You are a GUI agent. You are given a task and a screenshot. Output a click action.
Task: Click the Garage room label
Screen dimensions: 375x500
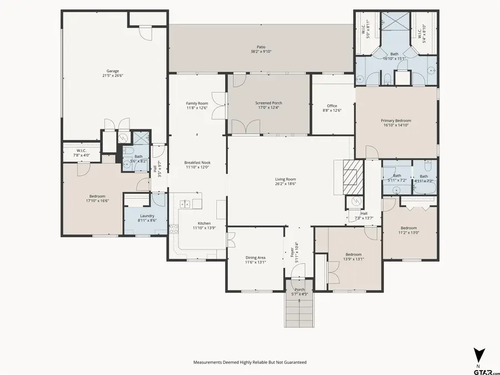click(x=113, y=71)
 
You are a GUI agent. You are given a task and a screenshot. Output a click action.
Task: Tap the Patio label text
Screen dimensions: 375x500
click(x=261, y=47)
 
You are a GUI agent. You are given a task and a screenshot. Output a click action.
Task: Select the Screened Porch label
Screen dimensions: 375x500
click(x=268, y=103)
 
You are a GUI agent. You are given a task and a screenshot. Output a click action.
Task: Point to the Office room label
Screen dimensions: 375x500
click(x=332, y=106)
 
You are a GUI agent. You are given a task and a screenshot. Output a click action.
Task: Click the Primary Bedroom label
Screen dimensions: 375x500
click(x=396, y=121)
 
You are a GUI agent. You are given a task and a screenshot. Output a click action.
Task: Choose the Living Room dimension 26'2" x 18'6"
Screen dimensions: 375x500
click(x=286, y=184)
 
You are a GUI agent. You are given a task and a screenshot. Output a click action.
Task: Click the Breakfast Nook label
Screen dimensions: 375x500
click(x=197, y=163)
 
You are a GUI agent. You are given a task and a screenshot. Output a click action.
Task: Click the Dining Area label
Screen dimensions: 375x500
click(x=256, y=257)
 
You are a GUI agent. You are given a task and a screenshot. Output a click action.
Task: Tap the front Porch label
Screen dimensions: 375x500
click(x=299, y=289)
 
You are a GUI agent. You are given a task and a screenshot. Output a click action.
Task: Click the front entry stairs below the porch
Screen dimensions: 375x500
click(x=299, y=314)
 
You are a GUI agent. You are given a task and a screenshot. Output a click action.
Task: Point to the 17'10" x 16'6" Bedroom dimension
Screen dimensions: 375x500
click(x=97, y=201)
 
